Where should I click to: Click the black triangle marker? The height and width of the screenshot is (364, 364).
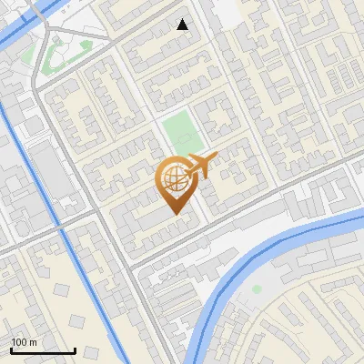coord(183,25)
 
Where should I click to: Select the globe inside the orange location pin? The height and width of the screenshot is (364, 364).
coord(174,179)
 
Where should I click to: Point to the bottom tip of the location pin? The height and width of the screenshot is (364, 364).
coord(175,214)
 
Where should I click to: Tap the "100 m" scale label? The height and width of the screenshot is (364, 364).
coord(25,342)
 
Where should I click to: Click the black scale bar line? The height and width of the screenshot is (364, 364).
coord(43,350)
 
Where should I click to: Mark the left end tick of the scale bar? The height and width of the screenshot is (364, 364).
coord(11,349)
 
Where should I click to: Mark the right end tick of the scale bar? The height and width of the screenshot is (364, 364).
coord(75,349)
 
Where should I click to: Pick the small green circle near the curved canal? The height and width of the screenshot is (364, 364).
coord(257,289)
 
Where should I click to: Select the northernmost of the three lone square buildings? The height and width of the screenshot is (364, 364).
coord(62,290)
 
